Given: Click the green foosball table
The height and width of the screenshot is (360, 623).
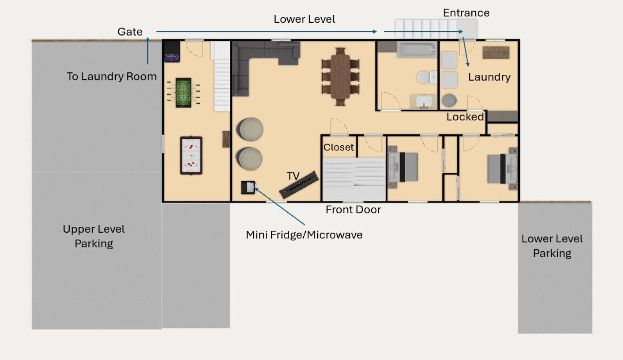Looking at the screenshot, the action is point(183,92).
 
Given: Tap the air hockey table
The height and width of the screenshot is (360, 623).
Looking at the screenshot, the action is point(191,155).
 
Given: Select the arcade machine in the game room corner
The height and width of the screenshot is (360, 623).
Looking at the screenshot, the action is point(172,52).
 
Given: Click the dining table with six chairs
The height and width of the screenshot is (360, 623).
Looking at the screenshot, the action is point(341,77).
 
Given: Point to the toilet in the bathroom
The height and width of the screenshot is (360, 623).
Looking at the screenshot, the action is point(427,77).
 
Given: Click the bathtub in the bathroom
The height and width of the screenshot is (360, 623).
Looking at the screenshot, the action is point(417,50).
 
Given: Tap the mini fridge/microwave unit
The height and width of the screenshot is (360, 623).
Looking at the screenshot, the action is point(248,188).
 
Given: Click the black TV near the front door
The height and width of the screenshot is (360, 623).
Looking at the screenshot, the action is point(299,185).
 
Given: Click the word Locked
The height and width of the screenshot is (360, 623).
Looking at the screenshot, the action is point(465,117).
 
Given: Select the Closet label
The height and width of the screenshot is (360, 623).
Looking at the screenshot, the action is point(339,147).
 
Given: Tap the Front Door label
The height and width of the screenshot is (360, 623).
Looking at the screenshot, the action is point(353,210).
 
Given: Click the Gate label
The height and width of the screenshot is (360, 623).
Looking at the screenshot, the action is point(130,32).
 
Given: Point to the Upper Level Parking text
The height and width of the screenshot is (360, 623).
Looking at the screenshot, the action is point(94,236).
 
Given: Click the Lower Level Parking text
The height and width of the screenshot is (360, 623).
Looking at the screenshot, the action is point(552,246).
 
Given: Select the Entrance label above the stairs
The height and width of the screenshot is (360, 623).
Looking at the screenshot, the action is point(466,13).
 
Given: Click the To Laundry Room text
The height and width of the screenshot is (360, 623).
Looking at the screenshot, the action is point(112,76).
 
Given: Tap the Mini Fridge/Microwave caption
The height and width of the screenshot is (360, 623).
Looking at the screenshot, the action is point(304,235).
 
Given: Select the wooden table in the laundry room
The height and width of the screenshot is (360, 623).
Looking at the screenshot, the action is point(496,52).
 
